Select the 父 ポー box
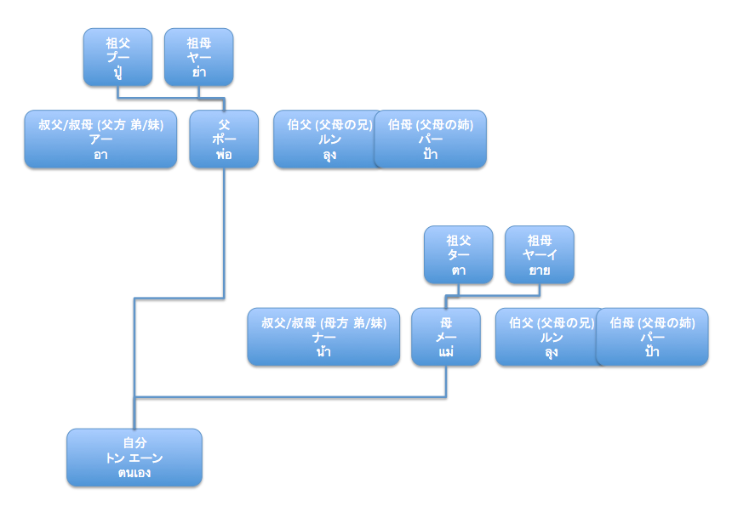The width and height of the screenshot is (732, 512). point(224,139)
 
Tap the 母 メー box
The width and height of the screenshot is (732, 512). point(446,337)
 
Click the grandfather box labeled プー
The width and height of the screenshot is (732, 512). point(117,57)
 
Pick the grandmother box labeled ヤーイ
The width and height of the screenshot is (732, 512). point(539,254)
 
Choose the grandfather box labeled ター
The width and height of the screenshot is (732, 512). point(458,254)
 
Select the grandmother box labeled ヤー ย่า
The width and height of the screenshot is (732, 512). point(198,57)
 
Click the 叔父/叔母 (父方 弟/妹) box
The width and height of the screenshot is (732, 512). point(100,139)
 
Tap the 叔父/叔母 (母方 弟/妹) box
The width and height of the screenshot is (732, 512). point(323,337)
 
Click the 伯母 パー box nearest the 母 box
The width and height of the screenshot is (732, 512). point(652,337)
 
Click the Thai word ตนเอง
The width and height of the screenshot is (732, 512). point(134,472)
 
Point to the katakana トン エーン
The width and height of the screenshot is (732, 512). point(134,458)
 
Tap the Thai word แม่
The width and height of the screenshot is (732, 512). point(446,351)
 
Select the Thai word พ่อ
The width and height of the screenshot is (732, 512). point(224,154)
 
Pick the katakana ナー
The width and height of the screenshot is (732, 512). point(323,337)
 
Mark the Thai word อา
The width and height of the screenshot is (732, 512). point(100,154)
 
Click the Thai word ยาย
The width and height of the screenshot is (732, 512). point(539,270)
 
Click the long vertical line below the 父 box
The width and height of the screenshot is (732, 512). point(224,230)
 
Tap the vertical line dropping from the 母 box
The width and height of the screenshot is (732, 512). point(446,381)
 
